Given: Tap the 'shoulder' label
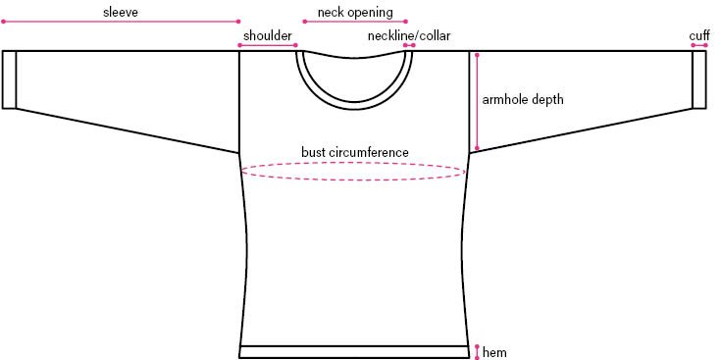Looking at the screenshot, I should pos(268,35).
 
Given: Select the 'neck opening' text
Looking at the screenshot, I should pos(355,12).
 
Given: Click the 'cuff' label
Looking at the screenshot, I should pos(698,35).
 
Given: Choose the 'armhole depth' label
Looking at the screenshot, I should pos(523,99).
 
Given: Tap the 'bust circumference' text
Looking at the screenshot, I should pos(355,152).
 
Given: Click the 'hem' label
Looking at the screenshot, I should pos(495,352).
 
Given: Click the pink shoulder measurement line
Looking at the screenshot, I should pos(268,45).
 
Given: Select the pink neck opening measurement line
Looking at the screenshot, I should pos(355,21).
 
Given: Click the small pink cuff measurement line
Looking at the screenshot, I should pos(699,45).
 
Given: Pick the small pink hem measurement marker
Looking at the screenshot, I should pos(477,351).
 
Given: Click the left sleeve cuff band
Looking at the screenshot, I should pos(10,78).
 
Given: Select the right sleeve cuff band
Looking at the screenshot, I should pos(699,78).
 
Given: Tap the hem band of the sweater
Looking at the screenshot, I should pos(354,352).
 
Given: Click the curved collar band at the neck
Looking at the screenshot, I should pos(355,98).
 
